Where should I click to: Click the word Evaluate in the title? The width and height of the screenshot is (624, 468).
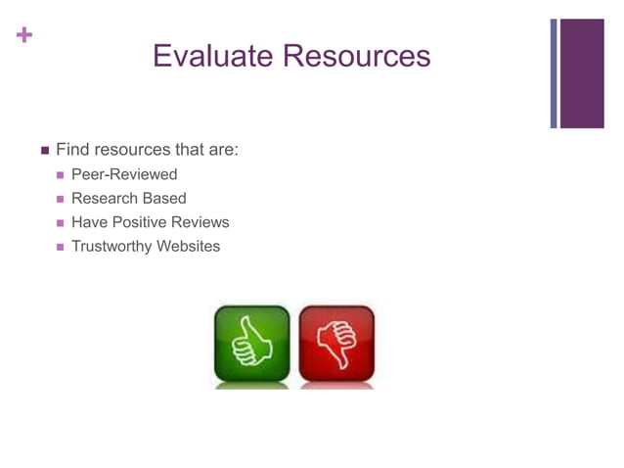213,55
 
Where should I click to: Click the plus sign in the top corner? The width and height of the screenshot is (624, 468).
22,35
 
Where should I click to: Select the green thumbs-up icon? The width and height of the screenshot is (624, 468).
252,344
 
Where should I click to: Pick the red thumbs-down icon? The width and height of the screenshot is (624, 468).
336,344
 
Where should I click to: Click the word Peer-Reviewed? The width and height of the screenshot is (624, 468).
124,174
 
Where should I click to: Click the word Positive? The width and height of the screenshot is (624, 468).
141,222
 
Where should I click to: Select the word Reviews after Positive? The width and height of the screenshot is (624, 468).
201,222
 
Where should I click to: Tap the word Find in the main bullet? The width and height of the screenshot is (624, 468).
71,150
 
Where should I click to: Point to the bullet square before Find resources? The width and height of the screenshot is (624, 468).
44,151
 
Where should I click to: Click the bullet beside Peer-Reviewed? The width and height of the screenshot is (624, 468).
61,175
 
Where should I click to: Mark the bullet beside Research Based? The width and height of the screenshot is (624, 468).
61,200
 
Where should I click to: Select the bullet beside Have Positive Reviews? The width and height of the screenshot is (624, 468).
61,223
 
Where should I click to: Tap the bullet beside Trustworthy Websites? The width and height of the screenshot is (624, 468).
61,247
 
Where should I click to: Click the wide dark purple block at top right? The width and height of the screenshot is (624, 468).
581,73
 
